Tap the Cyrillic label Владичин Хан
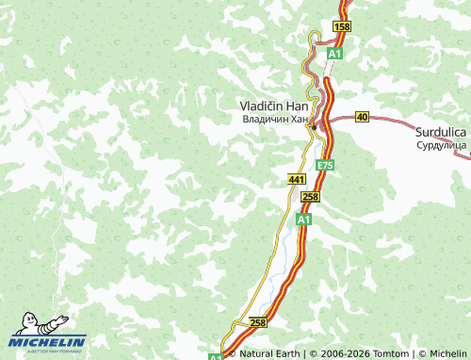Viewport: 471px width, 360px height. (274, 120)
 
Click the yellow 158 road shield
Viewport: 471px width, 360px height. (342, 27)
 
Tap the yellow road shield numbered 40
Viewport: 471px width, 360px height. (362, 118)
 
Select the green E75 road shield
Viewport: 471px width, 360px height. (325, 165)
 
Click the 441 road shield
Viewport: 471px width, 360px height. (297, 178)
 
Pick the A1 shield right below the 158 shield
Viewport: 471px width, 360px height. (334, 55)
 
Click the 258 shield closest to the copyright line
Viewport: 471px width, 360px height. (258, 322)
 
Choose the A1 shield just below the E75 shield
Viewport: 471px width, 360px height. (303, 219)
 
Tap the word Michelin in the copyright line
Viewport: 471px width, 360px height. (447, 353)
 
